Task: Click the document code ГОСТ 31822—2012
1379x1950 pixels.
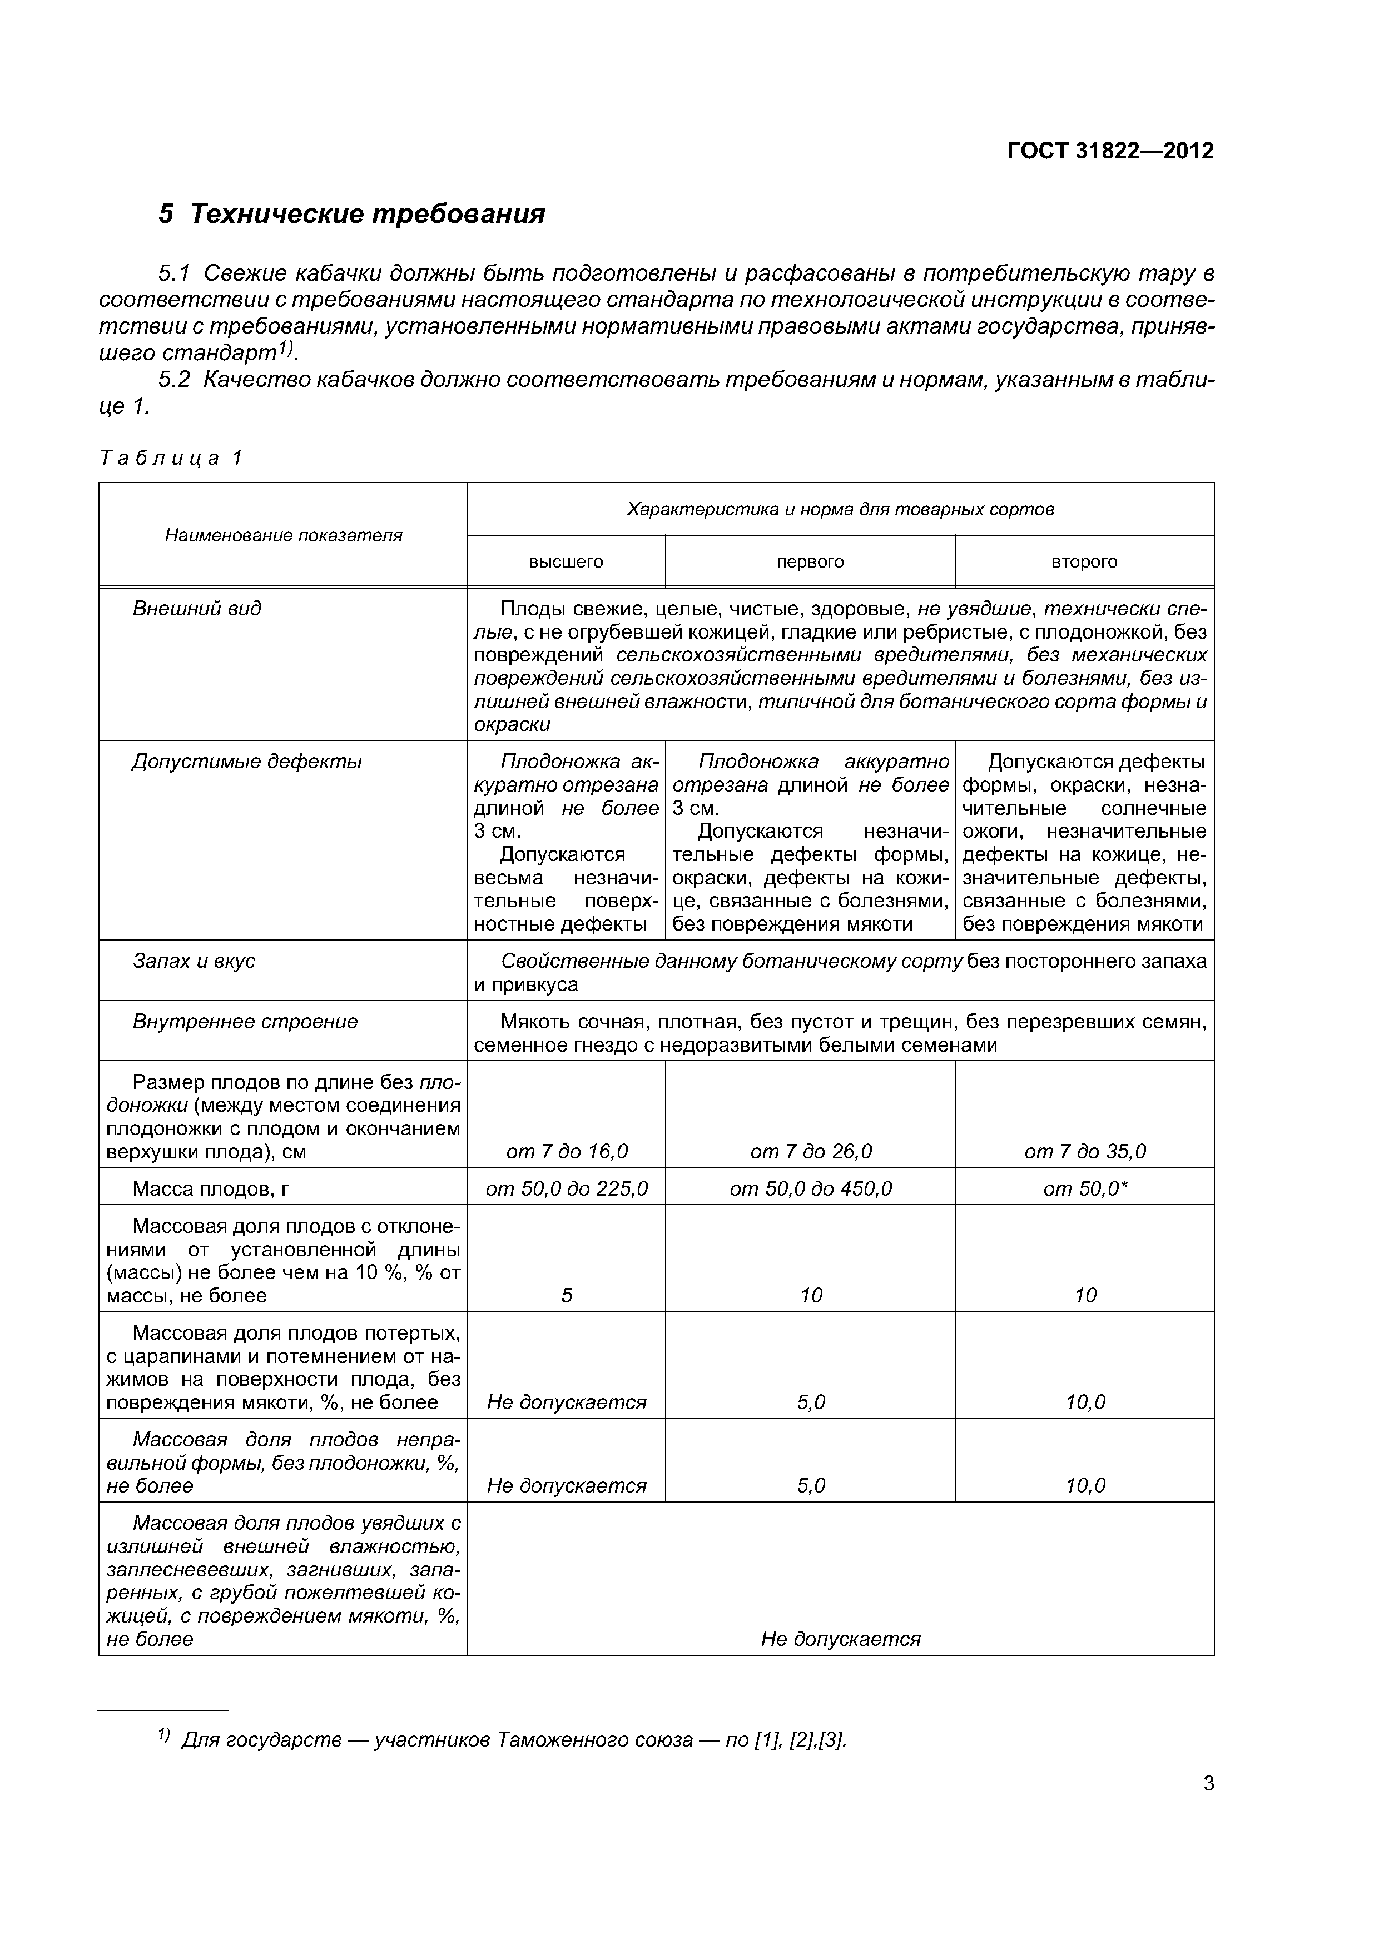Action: tap(1110, 151)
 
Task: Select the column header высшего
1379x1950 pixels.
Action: tap(566, 561)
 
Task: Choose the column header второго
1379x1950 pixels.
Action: tap(1084, 561)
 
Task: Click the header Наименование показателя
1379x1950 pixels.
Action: tap(283, 535)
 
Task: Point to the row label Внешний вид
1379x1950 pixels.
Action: tap(197, 608)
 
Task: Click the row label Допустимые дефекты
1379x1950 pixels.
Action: tap(246, 762)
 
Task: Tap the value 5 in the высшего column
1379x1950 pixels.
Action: tap(567, 1295)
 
